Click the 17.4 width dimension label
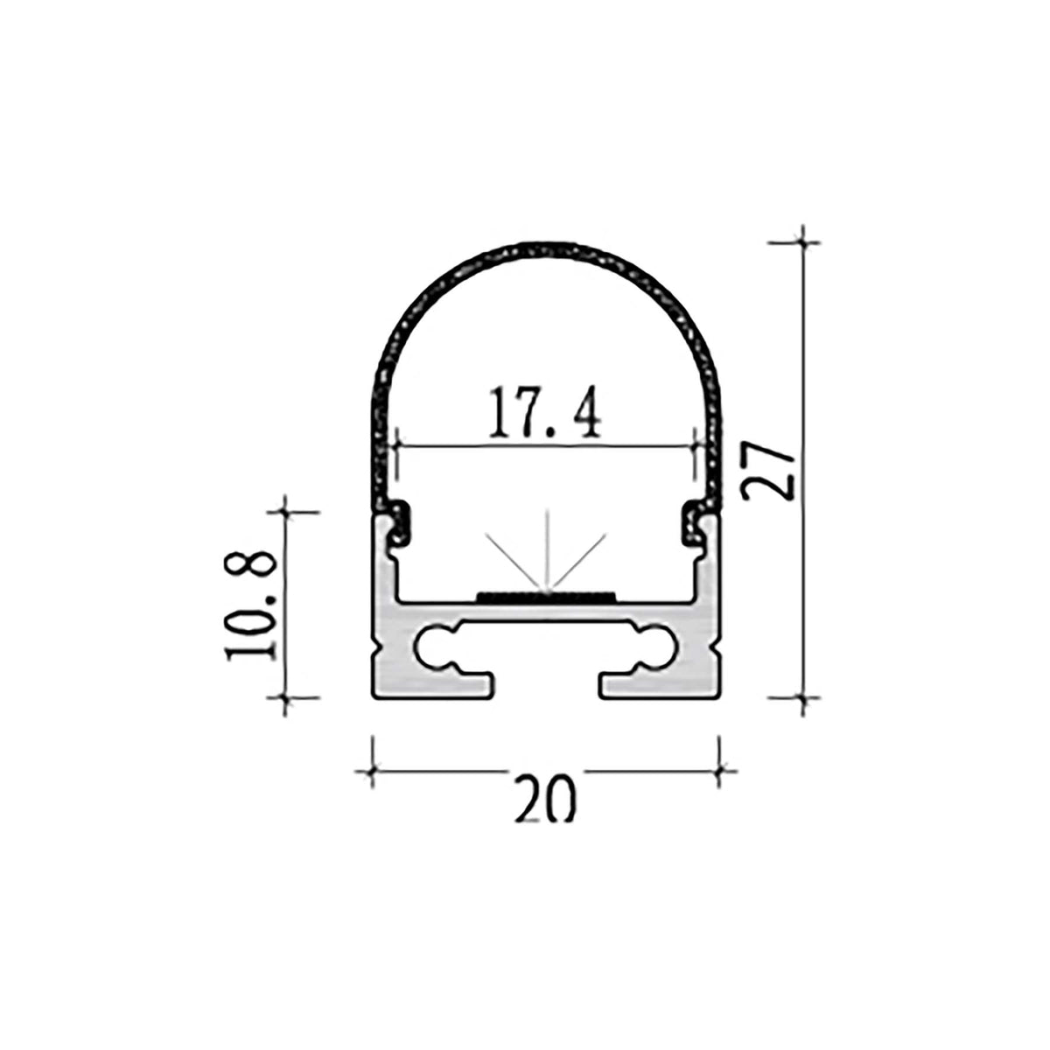pyautogui.click(x=544, y=413)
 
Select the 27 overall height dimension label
pyautogui.click(x=766, y=470)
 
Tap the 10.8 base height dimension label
pyautogui.click(x=253, y=604)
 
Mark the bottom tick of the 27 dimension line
pyautogui.click(x=803, y=697)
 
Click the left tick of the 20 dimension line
pyautogui.click(x=374, y=771)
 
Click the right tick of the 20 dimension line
pyautogui.click(x=718, y=771)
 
